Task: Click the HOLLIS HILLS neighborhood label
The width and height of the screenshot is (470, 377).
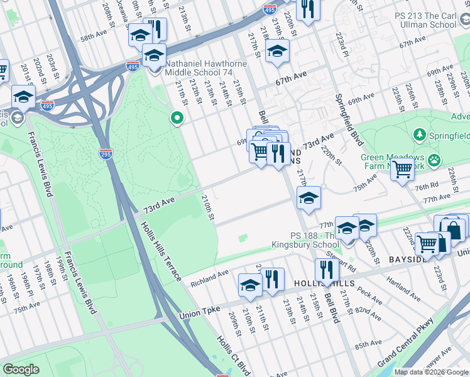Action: (x=320, y=284)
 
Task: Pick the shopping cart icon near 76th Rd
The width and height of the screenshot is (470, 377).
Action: (x=402, y=168)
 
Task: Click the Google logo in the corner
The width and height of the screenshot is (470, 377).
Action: (x=21, y=369)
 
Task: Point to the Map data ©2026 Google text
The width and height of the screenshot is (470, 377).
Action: (x=430, y=372)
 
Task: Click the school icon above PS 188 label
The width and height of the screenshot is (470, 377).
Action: (x=309, y=199)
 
